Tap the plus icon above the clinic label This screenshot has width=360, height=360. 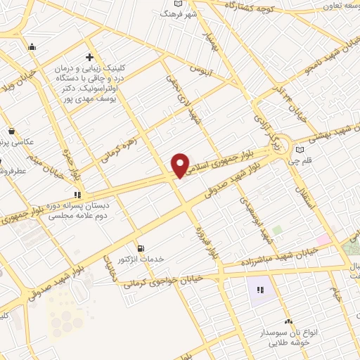pyautogui.click(x=89, y=56)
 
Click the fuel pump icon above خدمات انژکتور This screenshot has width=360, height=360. pyautogui.click(x=142, y=248)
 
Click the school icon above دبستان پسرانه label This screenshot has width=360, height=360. pyautogui.click(x=77, y=195)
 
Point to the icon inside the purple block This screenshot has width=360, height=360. pyautogui.click(x=259, y=289)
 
